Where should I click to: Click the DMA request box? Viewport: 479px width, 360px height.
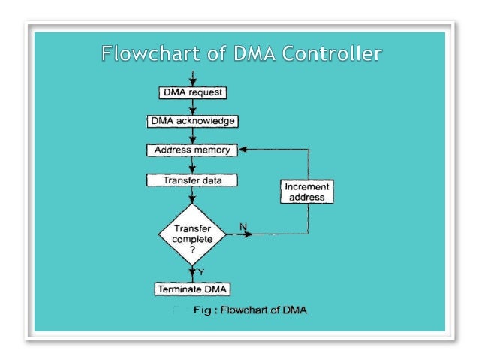pos(192,93)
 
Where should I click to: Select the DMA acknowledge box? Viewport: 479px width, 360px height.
pos(192,121)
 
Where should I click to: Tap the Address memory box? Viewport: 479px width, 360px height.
pos(192,150)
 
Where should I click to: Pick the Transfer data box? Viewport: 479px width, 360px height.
pos(192,180)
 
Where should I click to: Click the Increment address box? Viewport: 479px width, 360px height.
pos(308,192)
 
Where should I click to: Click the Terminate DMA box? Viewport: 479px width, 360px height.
pos(192,289)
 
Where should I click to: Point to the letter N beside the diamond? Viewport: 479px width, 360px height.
pos(243,226)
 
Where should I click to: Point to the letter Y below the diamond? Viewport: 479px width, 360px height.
pos(201,271)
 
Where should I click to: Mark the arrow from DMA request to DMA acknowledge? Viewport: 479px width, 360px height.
pos(192,107)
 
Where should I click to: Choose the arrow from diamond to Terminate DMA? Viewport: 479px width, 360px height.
pos(192,273)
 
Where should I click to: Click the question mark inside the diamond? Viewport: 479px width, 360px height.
pos(192,249)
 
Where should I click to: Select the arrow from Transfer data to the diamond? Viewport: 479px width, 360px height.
pos(192,195)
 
